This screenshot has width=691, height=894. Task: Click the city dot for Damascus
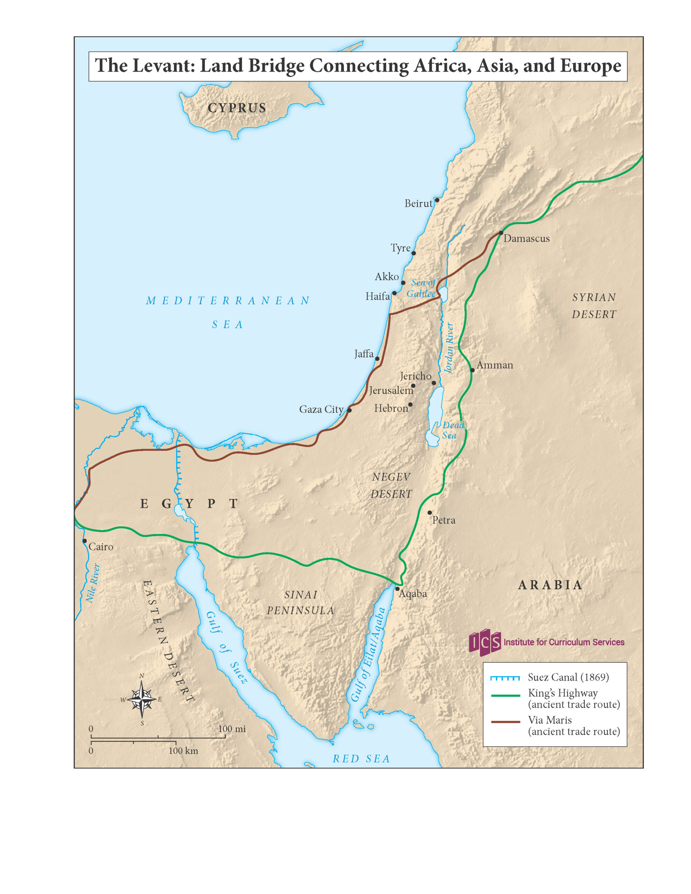coord(501,233)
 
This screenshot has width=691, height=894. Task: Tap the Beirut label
coord(418,204)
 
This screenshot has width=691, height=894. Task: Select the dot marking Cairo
coord(85,541)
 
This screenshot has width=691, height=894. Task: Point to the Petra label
coord(444,520)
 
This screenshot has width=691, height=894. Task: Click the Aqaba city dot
coord(397,589)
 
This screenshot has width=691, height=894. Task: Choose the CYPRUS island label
coord(237,108)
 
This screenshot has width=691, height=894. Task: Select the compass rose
coord(142,699)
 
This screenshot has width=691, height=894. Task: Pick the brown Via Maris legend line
coord(505,722)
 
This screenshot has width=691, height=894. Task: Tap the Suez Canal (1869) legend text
coord(568,677)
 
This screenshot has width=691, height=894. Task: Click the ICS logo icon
coord(485,642)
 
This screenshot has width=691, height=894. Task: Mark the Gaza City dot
coord(349,410)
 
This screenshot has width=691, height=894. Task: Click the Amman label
coord(494,365)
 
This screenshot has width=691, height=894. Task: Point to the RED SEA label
coord(361,759)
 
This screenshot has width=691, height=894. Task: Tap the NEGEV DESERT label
coord(391,485)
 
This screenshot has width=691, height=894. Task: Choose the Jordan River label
coord(449,348)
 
